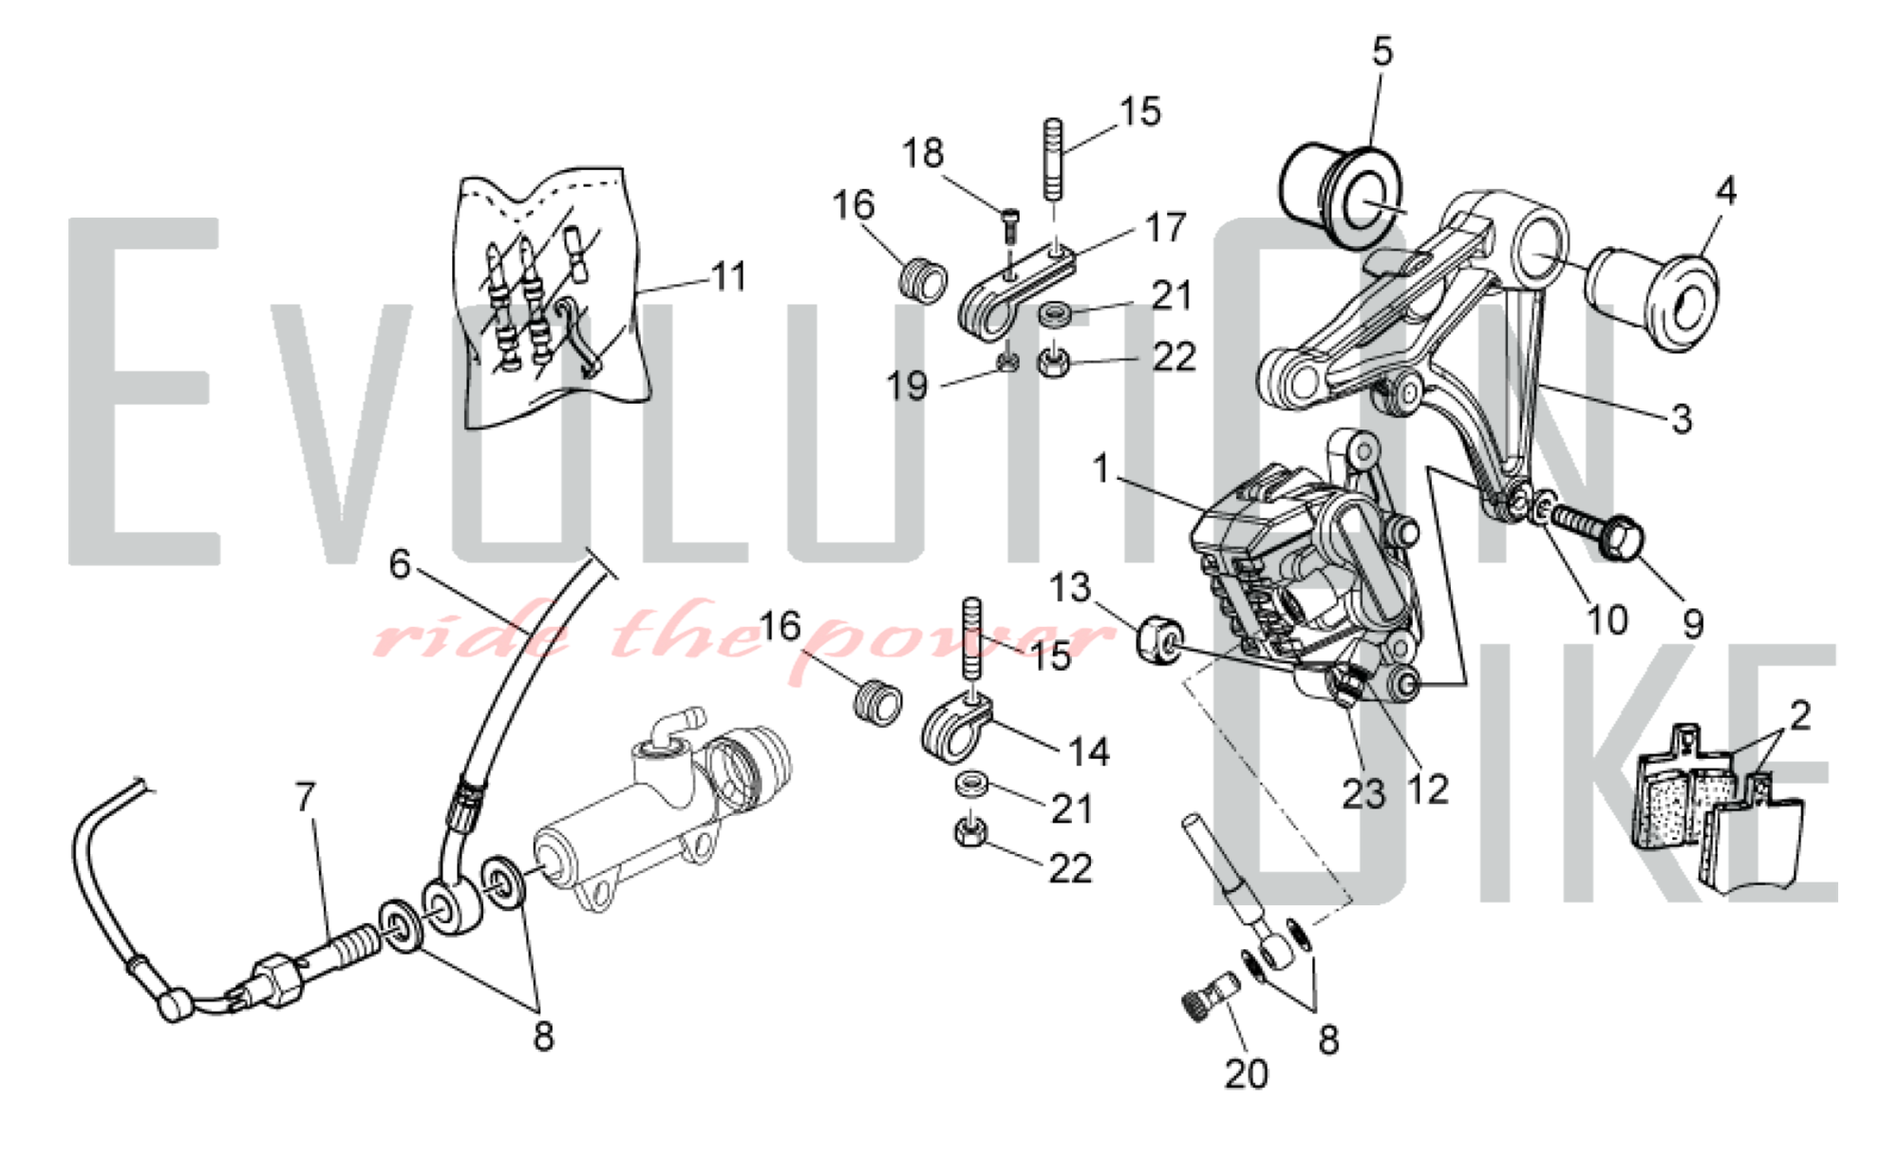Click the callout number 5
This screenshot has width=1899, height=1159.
pos(1382,51)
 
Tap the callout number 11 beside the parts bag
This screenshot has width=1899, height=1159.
pos(728,276)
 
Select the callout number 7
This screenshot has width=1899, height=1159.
pos(305,797)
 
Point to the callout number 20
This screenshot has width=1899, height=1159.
pos(1246,1073)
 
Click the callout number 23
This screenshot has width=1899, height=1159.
pos(1363,793)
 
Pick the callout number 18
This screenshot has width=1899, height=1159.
pos(923,153)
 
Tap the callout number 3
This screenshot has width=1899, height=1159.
pos(1681,418)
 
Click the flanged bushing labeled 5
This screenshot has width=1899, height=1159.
pos(1341,195)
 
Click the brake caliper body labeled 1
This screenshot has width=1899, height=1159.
pos(1301,579)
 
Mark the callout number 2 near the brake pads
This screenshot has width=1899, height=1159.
pos(1799,714)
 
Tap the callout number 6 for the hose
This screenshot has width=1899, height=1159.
pos(400,564)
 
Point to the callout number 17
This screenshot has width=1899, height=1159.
pos(1165,228)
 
